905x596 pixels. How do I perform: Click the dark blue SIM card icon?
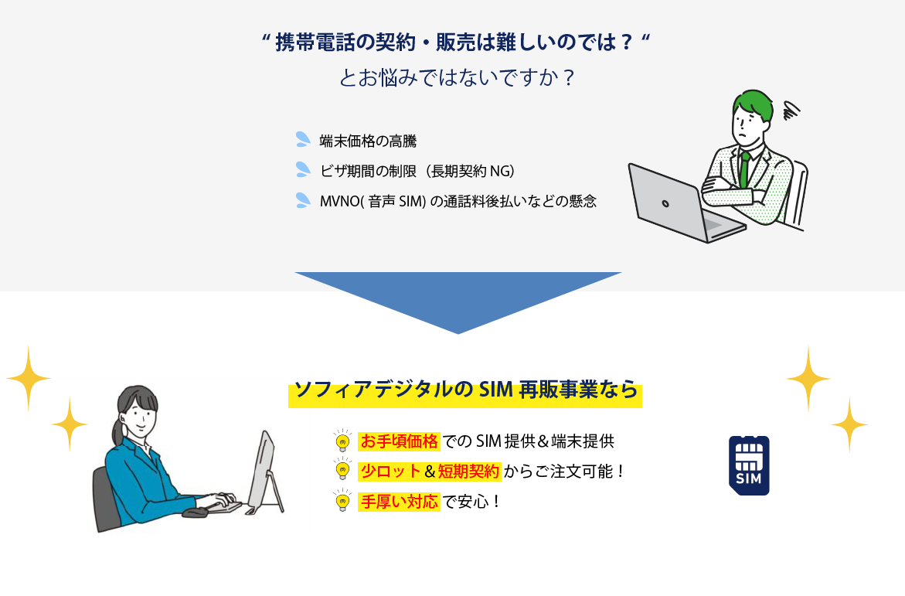(x=749, y=465)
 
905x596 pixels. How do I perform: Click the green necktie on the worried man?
(x=744, y=169)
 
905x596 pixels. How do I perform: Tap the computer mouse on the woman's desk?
(x=195, y=513)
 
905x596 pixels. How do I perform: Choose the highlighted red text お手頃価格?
(x=399, y=441)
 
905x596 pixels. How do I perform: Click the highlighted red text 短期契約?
(x=468, y=472)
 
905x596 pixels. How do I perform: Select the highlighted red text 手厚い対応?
(x=399, y=501)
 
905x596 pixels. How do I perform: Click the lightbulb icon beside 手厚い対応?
(x=342, y=500)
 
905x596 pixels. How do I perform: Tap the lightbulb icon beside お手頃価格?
(x=342, y=440)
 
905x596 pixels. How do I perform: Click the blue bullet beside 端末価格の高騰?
(x=303, y=139)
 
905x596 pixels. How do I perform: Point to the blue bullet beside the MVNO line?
(x=303, y=199)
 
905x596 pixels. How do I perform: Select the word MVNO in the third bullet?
(x=340, y=202)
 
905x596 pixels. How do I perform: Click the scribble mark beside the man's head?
(x=791, y=110)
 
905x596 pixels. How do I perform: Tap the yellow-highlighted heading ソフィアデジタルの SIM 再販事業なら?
(x=466, y=390)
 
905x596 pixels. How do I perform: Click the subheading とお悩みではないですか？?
(x=457, y=77)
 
